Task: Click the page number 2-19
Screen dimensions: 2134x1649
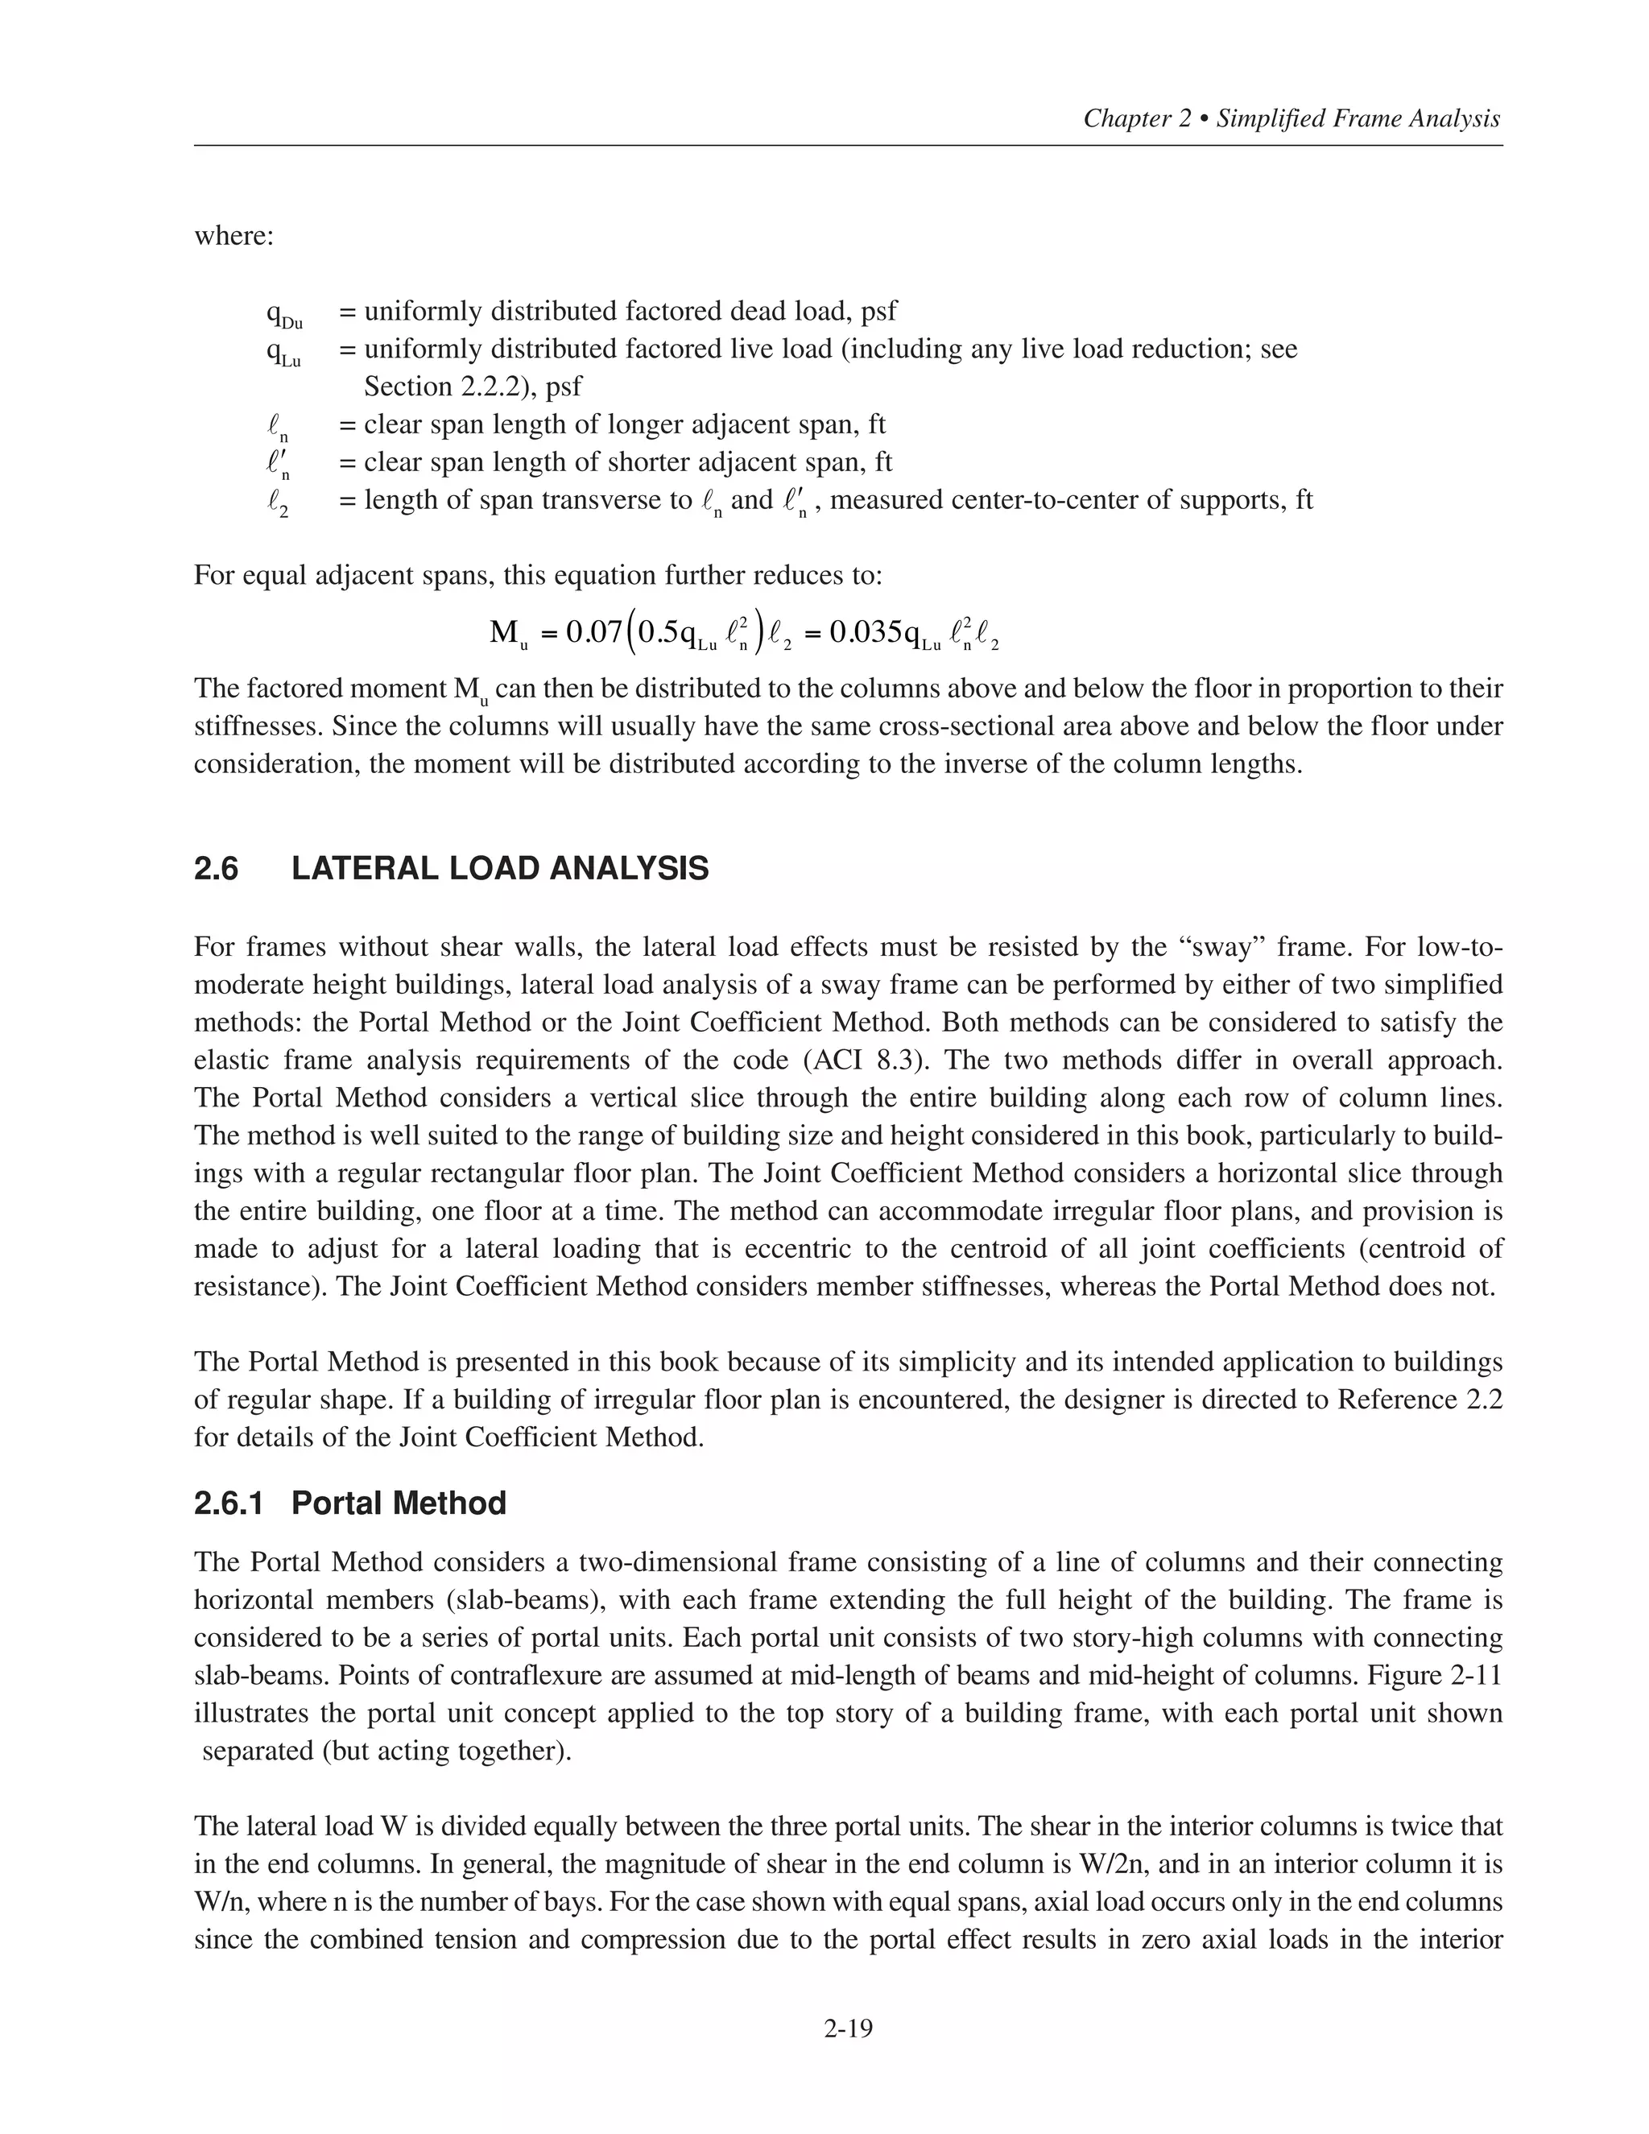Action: pyautogui.click(x=847, y=2029)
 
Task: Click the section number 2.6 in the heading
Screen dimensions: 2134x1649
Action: pyautogui.click(x=216, y=869)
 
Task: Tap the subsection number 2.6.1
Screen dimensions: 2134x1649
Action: pyautogui.click(x=229, y=1503)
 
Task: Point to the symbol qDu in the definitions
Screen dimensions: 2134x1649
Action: pyautogui.click(x=283, y=313)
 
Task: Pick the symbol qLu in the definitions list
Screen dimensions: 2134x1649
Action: pyautogui.click(x=283, y=352)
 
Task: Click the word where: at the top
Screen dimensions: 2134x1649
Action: pyautogui.click(x=234, y=237)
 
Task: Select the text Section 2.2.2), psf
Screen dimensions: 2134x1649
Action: pyautogui.click(x=472, y=387)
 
